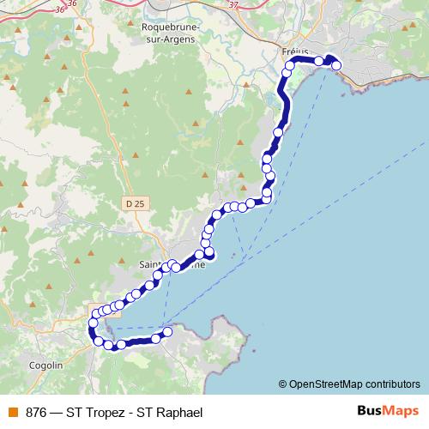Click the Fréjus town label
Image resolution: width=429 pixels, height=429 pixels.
[x=294, y=51]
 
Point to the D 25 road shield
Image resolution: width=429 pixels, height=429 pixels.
[x=133, y=203]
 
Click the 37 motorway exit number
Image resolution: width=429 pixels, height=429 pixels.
[x=234, y=4]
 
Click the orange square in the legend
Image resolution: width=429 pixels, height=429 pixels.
[x=13, y=413]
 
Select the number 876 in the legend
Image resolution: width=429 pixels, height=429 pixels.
[x=37, y=413]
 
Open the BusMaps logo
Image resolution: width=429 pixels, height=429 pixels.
[x=387, y=412]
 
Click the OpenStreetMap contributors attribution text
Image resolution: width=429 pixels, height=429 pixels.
[x=354, y=384]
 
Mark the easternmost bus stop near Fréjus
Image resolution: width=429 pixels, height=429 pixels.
[x=336, y=65]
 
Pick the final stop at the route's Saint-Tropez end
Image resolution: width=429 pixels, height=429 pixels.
[x=167, y=332]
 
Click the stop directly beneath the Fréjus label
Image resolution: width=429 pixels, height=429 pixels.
[x=290, y=66]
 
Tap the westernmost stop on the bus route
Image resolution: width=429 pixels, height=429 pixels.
[x=93, y=323]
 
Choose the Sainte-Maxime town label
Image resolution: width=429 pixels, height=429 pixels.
[x=172, y=265]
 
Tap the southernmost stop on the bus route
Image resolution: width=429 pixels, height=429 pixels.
[x=109, y=346]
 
